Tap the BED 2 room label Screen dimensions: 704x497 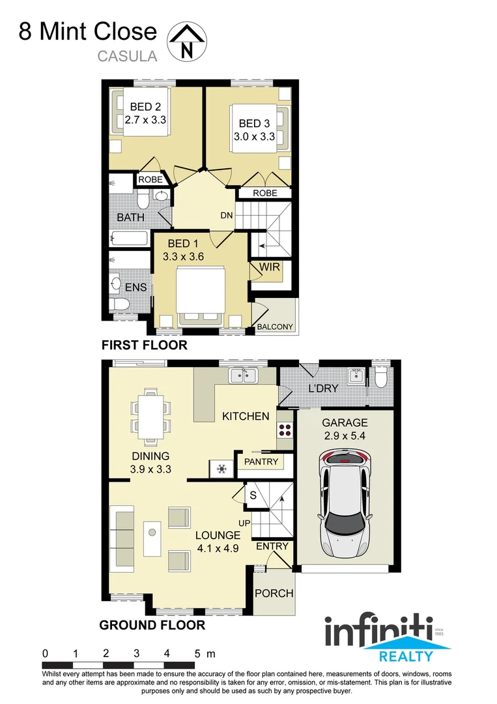pos(145,107)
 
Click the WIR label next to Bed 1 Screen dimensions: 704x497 pos(270,267)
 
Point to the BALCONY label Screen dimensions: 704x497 pos(276,327)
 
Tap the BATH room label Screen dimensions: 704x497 pos(130,217)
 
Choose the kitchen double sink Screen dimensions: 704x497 pos(245,375)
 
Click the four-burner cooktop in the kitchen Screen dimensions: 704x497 pos(285,430)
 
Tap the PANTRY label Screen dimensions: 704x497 pos(261,462)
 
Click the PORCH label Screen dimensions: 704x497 pos(274,593)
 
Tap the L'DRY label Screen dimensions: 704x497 pos(323,389)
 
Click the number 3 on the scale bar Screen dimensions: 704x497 pos(136,653)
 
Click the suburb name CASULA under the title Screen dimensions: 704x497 pos(127,56)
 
